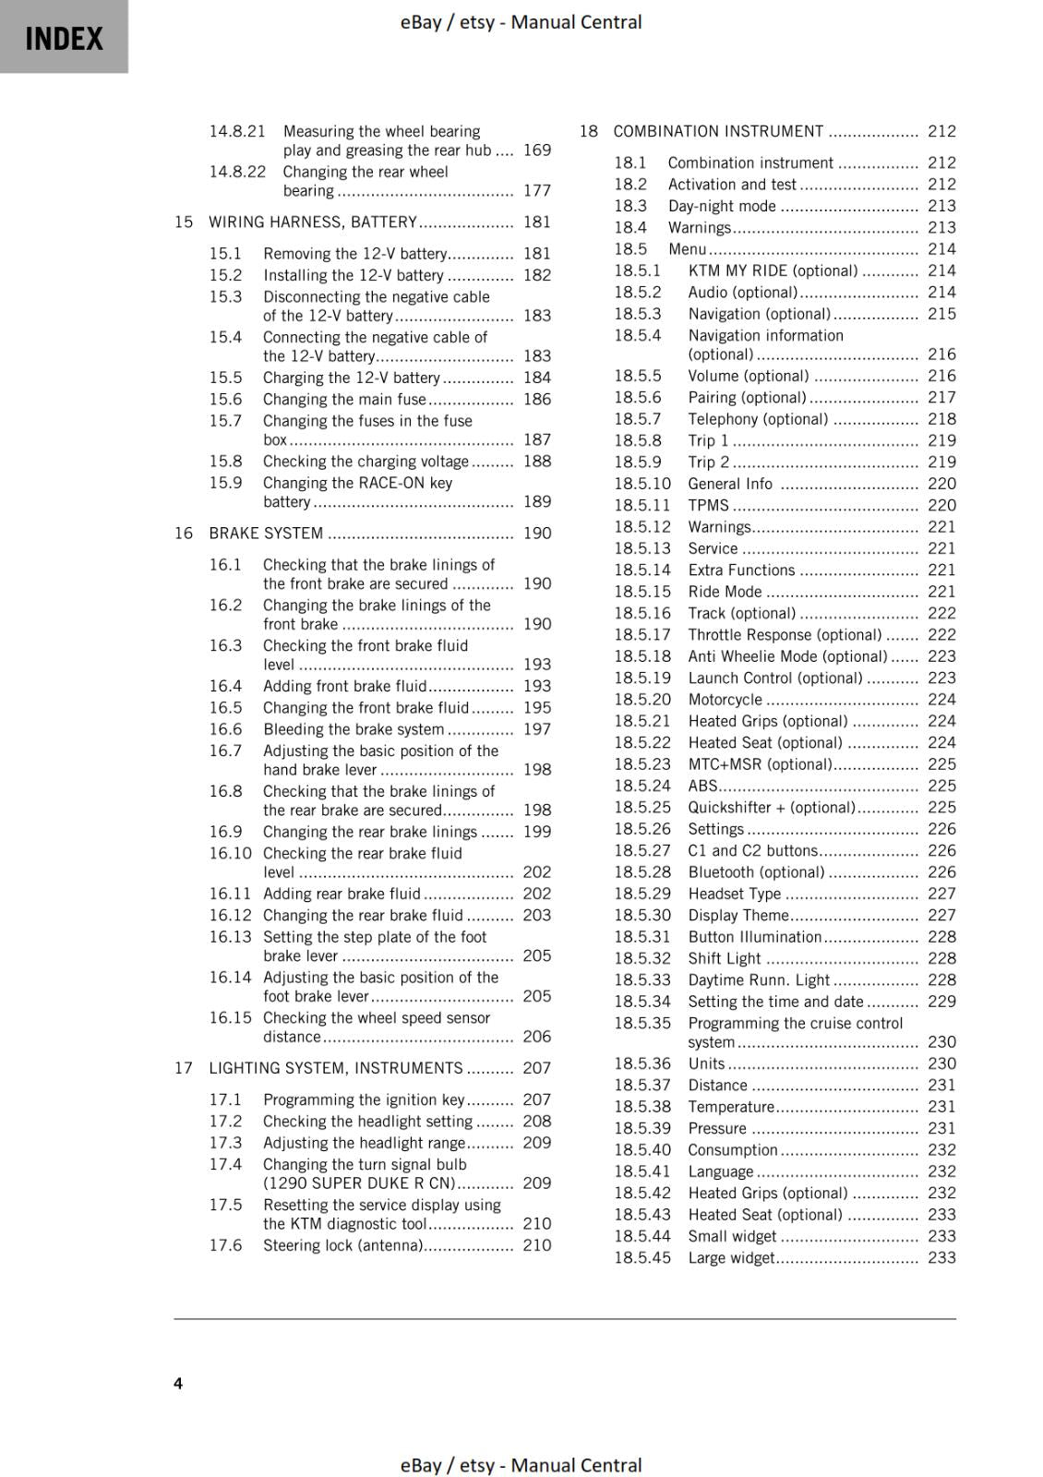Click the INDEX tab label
point(64,38)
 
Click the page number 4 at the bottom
point(178,1383)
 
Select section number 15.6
point(225,399)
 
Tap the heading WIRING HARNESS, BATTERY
point(312,222)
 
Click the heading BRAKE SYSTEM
point(266,533)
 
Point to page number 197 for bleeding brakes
point(536,729)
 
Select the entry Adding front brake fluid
point(344,686)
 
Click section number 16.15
point(230,1017)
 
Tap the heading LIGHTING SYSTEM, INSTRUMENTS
point(335,1068)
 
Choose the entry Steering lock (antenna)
point(342,1245)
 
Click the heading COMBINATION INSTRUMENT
point(718,131)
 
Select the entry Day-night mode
point(722,206)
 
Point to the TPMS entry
point(708,505)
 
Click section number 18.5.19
point(642,678)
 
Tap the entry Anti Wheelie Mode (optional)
point(787,656)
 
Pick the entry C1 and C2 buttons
point(752,850)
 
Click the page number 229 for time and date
point(941,1002)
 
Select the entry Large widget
point(731,1257)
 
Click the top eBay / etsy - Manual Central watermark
point(521,22)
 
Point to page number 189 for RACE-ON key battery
point(536,501)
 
